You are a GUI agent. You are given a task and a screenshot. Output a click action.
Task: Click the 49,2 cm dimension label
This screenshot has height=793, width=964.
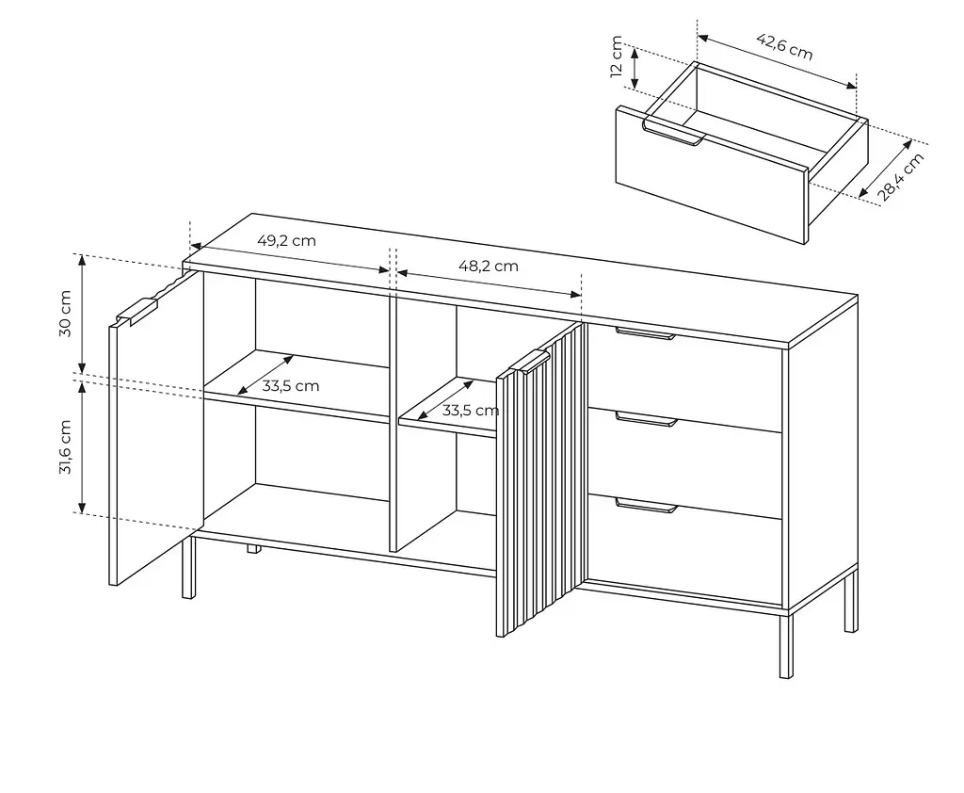click(286, 240)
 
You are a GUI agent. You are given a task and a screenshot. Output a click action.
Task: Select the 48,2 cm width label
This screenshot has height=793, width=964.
click(489, 266)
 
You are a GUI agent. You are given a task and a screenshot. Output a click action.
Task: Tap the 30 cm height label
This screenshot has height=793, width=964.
click(65, 314)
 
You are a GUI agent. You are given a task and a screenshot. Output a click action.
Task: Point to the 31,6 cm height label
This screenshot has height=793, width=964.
click(65, 447)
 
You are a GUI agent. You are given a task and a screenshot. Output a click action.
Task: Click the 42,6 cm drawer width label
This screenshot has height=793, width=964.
click(784, 47)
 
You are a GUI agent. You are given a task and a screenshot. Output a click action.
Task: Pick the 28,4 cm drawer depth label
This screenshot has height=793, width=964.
click(901, 177)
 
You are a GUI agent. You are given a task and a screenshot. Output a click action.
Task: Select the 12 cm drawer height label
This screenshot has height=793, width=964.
click(617, 57)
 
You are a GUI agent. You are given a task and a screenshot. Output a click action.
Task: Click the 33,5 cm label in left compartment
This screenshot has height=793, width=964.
click(291, 386)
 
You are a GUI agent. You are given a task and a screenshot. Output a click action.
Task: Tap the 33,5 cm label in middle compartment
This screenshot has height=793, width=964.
click(471, 411)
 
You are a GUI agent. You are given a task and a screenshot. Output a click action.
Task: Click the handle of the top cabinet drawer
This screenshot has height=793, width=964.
click(646, 333)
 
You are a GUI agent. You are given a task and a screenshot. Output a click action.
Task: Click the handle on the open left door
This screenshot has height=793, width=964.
click(136, 312)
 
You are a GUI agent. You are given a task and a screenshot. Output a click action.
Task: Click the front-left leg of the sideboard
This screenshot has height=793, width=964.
click(188, 567)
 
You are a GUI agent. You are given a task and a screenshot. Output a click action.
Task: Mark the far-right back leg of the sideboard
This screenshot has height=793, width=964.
click(851, 600)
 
